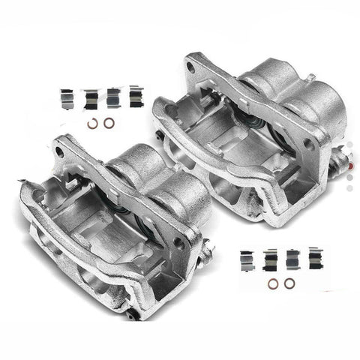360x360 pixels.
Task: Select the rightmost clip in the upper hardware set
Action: click(134, 96)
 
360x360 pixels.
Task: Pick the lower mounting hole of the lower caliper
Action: click(179, 243)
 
